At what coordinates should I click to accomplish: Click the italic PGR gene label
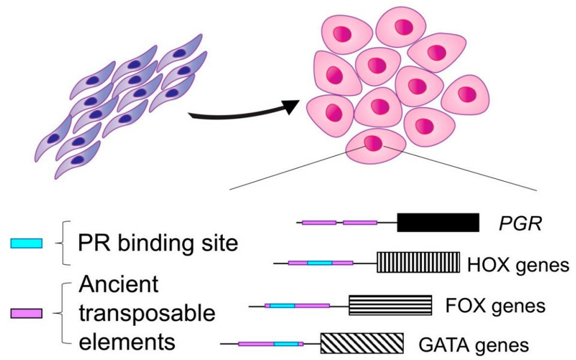[x=521, y=223]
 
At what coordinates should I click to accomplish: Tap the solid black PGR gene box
[x=437, y=223]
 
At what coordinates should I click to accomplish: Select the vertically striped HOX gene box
[x=418, y=263]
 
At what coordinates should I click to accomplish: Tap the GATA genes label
[x=473, y=345]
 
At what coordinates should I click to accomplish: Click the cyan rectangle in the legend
[x=26, y=243]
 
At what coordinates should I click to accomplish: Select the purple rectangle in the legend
[x=26, y=313]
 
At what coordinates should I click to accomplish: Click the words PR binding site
[x=158, y=244]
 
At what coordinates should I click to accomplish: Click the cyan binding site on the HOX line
[x=319, y=263]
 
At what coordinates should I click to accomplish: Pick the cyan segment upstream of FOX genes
[x=282, y=305]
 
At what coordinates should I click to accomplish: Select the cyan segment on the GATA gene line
[x=286, y=344]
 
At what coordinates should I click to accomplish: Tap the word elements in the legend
[x=127, y=341]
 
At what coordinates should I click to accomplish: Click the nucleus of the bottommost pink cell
[x=372, y=143]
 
